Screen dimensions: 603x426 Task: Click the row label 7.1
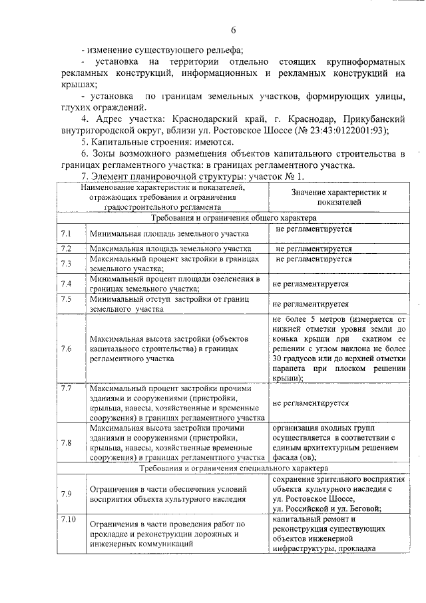(66, 234)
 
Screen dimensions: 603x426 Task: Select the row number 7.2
(66, 249)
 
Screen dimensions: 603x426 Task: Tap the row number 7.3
(66, 264)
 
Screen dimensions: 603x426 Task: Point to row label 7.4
(66, 284)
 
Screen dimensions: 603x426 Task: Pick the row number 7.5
(66, 299)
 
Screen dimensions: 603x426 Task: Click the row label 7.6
(66, 348)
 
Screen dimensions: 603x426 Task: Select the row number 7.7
(66, 388)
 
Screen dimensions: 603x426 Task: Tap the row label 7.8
(66, 442)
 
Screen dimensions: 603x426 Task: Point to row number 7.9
(66, 494)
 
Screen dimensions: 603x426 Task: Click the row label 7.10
(68, 518)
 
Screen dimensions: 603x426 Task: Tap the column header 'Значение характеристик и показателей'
(339, 196)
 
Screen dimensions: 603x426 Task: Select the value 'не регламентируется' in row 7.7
(311, 403)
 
